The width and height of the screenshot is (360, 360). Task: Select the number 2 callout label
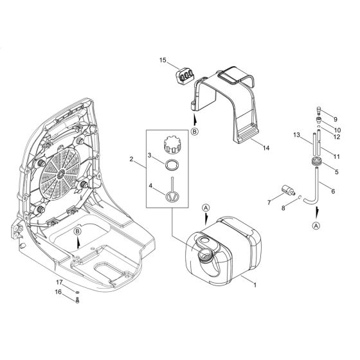[x=131, y=159]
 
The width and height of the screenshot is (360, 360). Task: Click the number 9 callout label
[x=335, y=120]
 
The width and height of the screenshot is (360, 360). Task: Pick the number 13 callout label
[x=298, y=135]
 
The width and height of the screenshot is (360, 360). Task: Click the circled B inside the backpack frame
[x=76, y=231]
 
